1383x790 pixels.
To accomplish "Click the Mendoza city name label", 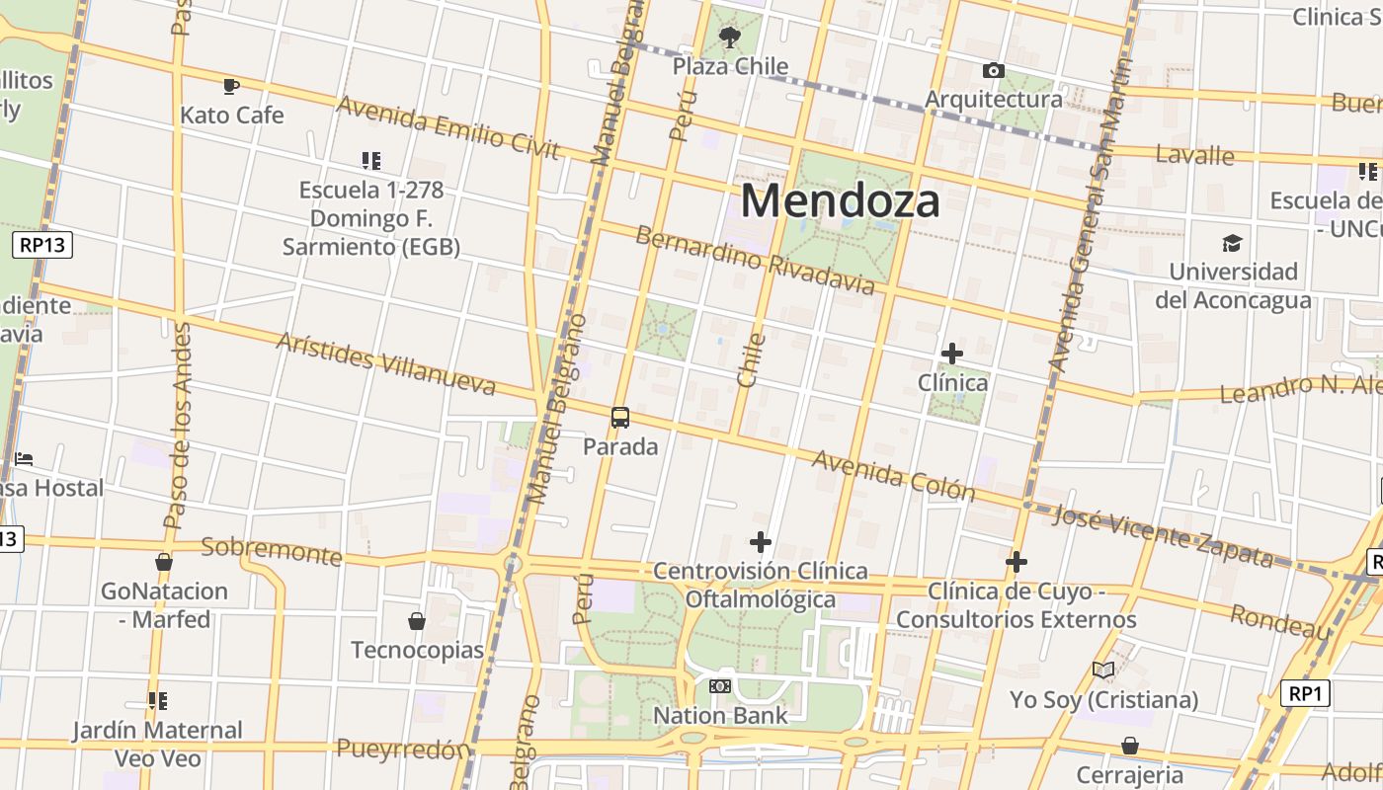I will click(x=840, y=200).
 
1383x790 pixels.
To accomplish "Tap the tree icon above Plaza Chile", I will click(x=730, y=38).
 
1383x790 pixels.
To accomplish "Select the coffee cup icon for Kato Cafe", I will click(x=231, y=87).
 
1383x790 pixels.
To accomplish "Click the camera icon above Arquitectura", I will click(x=994, y=70).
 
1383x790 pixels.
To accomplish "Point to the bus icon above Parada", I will click(x=620, y=418).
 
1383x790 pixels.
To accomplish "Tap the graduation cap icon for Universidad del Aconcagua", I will click(x=1232, y=243).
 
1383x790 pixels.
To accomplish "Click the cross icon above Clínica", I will click(x=952, y=354).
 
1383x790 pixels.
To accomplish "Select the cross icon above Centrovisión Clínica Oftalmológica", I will click(x=761, y=542).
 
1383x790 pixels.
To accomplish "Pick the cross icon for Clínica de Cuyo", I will click(x=1017, y=563).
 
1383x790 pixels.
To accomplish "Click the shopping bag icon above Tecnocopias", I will click(x=417, y=621).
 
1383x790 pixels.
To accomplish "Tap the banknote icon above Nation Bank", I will click(x=720, y=686).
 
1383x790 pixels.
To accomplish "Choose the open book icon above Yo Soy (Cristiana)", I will click(x=1103, y=671).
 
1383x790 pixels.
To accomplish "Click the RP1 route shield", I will click(x=1305, y=693).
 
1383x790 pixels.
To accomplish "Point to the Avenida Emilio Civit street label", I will click(x=447, y=126).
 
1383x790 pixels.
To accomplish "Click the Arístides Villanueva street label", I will click(x=385, y=362).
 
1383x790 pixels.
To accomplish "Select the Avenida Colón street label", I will click(x=893, y=475).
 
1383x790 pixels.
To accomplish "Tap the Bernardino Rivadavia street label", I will click(x=755, y=260).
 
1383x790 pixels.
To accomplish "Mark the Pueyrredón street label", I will click(x=402, y=750).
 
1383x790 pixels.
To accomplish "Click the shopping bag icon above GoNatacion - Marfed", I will click(x=164, y=562).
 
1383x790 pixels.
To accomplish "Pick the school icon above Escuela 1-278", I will click(x=371, y=160).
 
